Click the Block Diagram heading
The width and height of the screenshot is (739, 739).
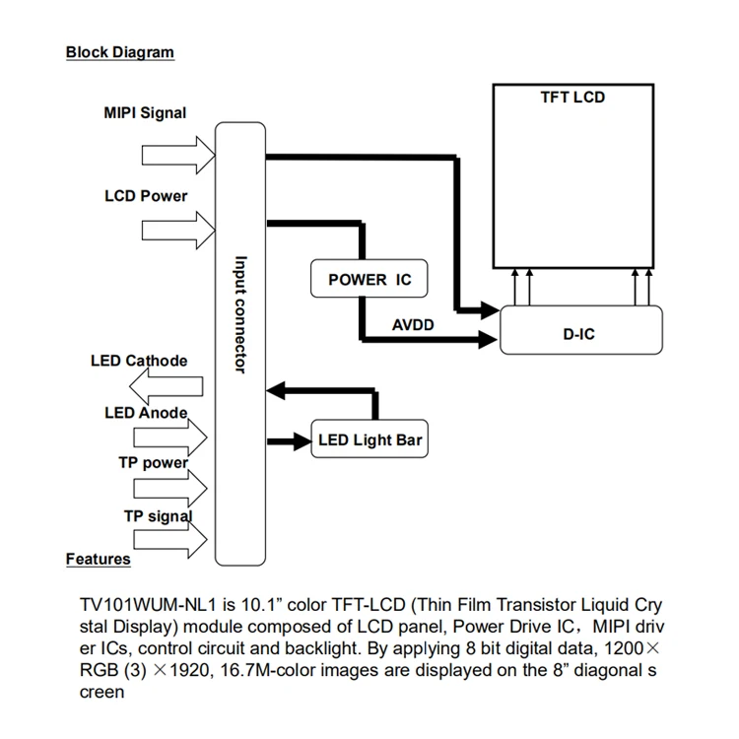pyautogui.click(x=119, y=52)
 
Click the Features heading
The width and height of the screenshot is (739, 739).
pyautogui.click(x=98, y=559)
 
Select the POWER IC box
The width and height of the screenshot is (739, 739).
pyautogui.click(x=369, y=280)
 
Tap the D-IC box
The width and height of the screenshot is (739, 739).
pyautogui.click(x=578, y=334)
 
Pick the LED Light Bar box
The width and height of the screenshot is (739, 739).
pyautogui.click(x=369, y=440)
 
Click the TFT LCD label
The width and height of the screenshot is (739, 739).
pyautogui.click(x=572, y=98)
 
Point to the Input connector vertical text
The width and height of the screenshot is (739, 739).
pyautogui.click(x=239, y=314)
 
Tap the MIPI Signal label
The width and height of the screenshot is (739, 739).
pyautogui.click(x=145, y=113)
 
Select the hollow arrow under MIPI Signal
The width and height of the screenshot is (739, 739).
pyautogui.click(x=177, y=155)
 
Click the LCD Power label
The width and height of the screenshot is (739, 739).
pyautogui.click(x=146, y=196)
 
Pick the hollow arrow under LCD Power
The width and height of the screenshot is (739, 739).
pyautogui.click(x=177, y=232)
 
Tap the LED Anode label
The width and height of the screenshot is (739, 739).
pyautogui.click(x=146, y=412)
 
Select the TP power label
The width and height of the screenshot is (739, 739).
pyautogui.click(x=153, y=462)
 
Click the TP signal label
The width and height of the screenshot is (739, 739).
pyautogui.click(x=157, y=515)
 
